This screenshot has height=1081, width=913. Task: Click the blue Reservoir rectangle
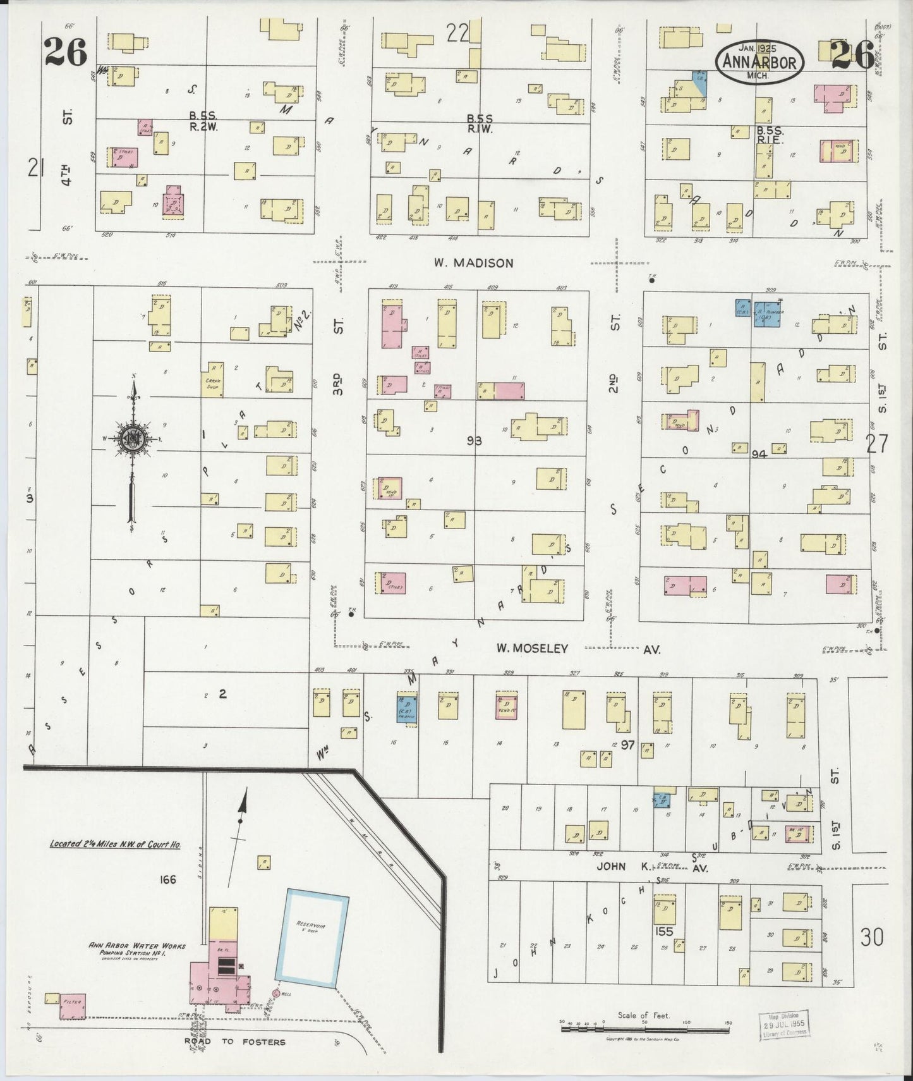(x=312, y=939)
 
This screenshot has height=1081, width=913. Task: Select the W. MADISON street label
(x=473, y=263)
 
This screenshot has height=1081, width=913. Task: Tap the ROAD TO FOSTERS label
(x=234, y=1042)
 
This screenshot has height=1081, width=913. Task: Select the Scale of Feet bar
(x=644, y=1029)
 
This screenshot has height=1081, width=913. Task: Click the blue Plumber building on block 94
(x=769, y=314)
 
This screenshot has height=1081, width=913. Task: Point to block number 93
(x=474, y=441)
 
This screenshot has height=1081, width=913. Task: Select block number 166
(x=167, y=879)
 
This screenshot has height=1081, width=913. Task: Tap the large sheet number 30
(x=871, y=937)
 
